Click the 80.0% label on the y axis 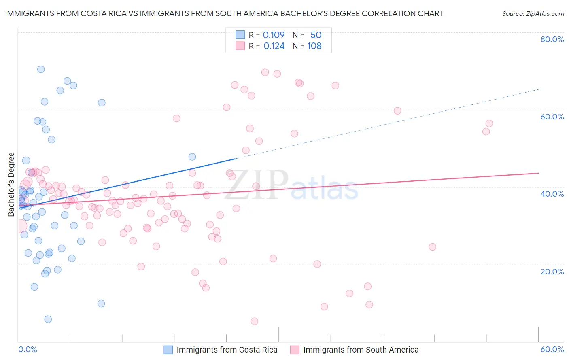[x=552, y=39]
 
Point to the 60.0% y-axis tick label [x=552, y=117]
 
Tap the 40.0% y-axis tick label [x=552, y=194]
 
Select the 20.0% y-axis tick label [x=552, y=271]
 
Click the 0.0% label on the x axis [x=28, y=349]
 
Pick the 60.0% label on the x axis [x=552, y=349]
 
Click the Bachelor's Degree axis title [x=11, y=185]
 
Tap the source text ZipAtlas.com [x=533, y=14]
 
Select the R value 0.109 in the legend [x=274, y=35]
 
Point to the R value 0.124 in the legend [x=274, y=46]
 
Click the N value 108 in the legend [x=314, y=46]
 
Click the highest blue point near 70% [x=41, y=69]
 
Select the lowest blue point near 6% [x=48, y=319]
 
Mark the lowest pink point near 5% [x=254, y=321]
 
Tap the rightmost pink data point [x=489, y=123]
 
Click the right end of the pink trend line [x=538, y=173]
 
